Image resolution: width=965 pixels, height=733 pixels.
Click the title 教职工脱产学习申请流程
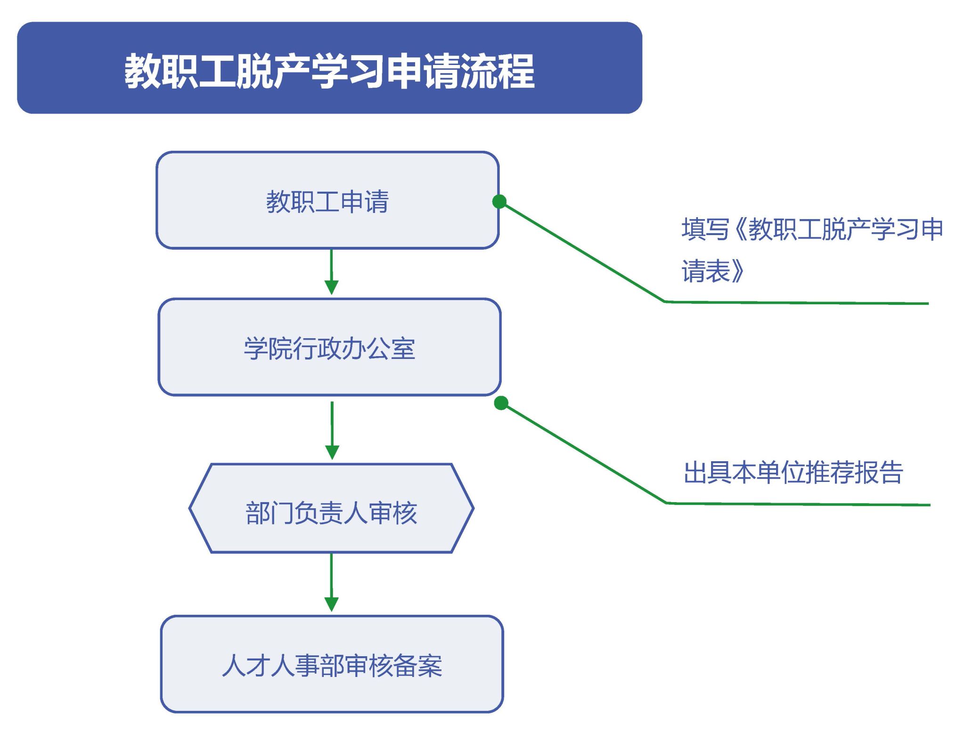coord(329,71)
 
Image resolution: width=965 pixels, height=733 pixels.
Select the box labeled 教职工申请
coord(327,200)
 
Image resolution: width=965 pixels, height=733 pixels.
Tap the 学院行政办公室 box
coord(329,347)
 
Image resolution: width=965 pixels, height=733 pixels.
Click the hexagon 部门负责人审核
coord(331,508)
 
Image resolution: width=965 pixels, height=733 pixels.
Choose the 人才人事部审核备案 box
coord(332,664)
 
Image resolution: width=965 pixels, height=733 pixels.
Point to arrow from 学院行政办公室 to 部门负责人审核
coord(332,430)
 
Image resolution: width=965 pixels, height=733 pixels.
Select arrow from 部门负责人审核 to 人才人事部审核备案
coord(331,583)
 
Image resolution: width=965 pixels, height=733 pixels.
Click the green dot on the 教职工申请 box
coord(499,202)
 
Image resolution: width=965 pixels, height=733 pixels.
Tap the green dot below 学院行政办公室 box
coord(501,403)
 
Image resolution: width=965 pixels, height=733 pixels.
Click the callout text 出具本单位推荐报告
coord(793,472)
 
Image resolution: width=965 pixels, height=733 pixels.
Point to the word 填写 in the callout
coord(705,230)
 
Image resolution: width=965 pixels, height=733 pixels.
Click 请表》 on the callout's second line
coord(712,271)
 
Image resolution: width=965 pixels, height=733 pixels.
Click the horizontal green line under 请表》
coord(796,303)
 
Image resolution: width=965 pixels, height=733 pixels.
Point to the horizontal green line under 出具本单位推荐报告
coord(798,504)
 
